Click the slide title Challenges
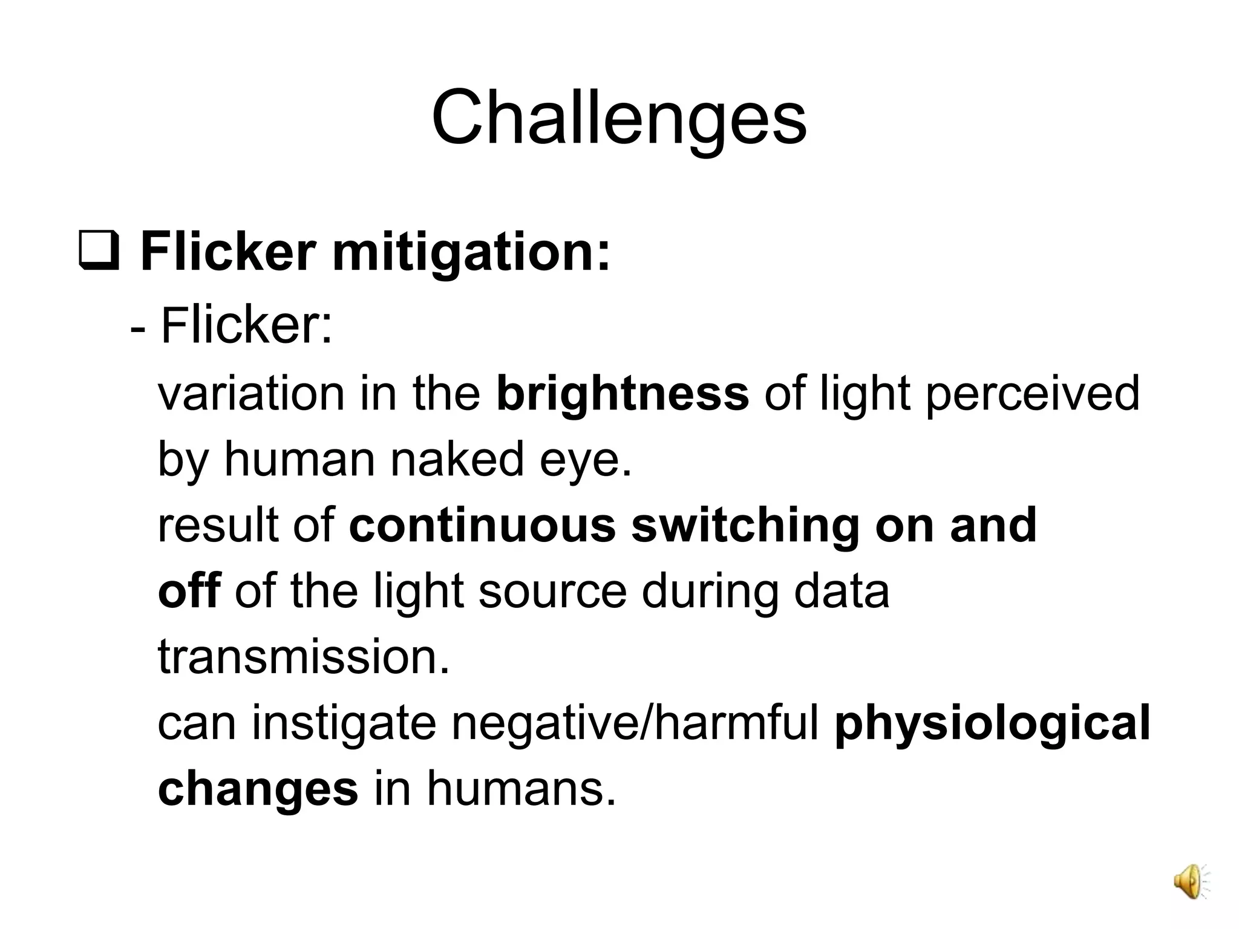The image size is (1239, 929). click(x=619, y=118)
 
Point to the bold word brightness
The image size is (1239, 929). click(x=623, y=394)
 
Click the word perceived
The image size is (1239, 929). click(x=1033, y=394)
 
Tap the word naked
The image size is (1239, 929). click(x=457, y=459)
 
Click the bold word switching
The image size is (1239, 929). click(x=745, y=525)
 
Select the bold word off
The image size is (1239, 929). click(x=189, y=591)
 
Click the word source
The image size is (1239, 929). click(x=552, y=591)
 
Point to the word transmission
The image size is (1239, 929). click(x=304, y=657)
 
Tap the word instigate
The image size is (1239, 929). click(x=344, y=723)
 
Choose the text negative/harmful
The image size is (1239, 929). click(x=636, y=723)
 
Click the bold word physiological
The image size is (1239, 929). click(x=992, y=723)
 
